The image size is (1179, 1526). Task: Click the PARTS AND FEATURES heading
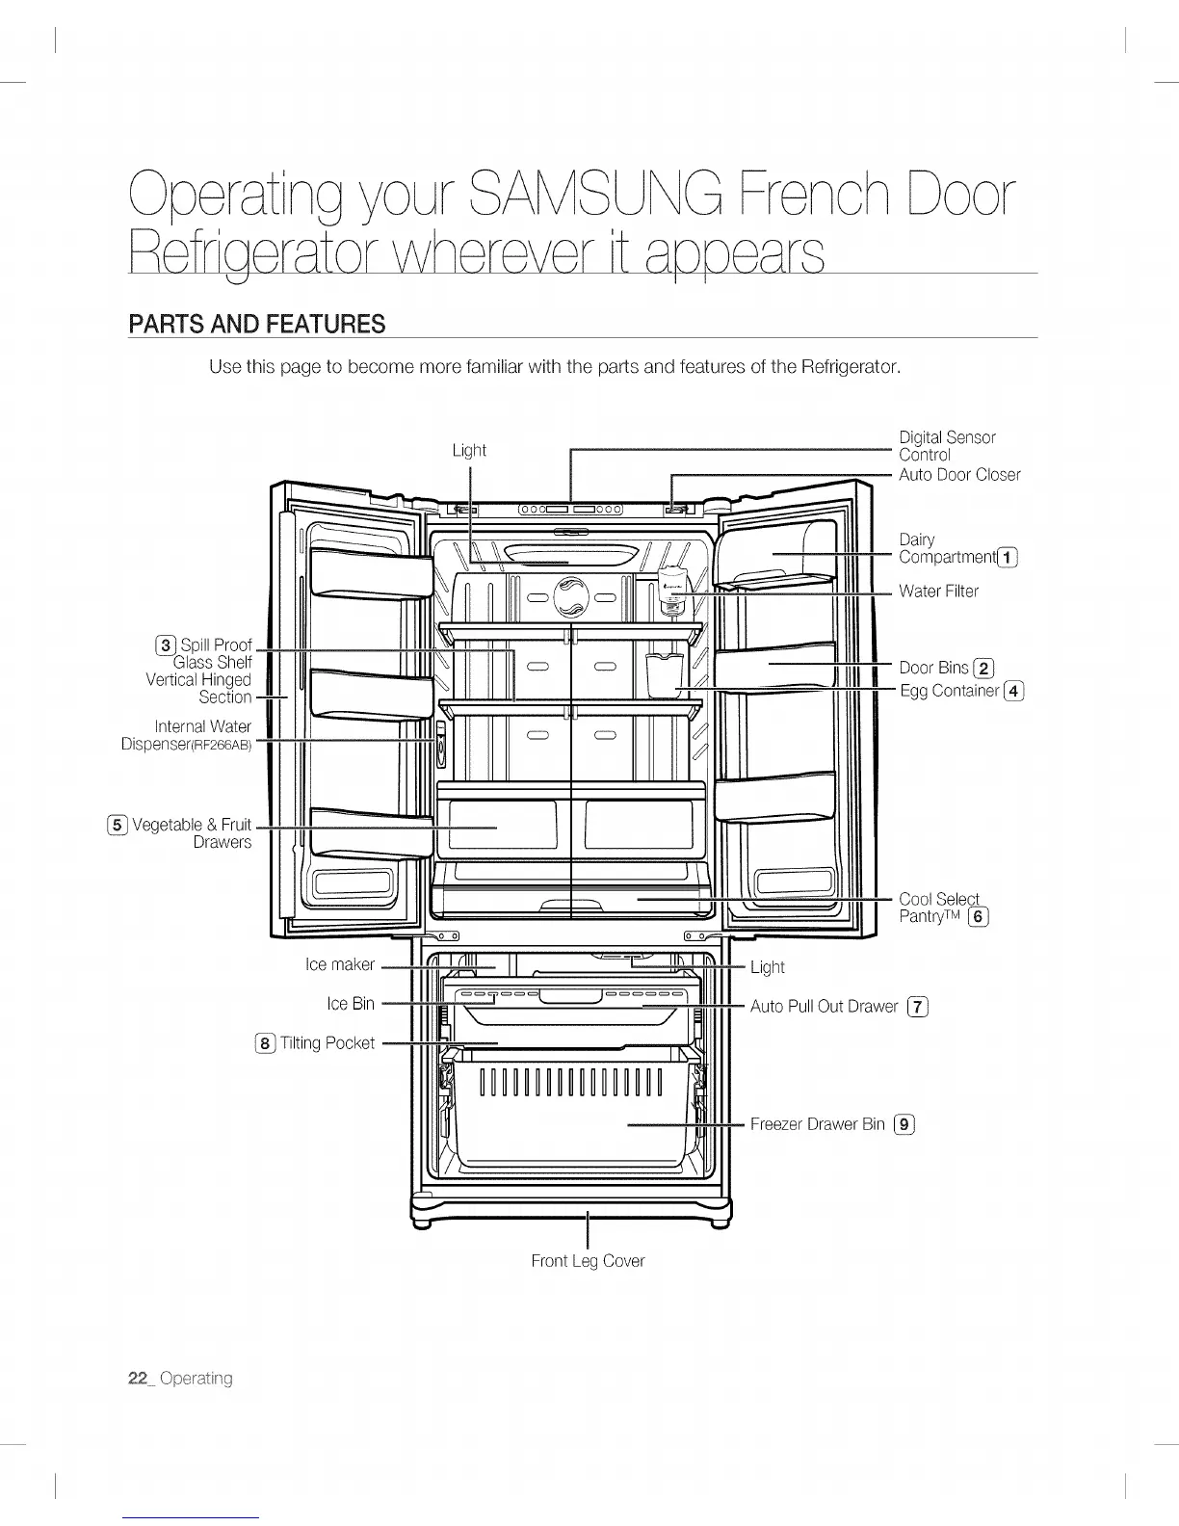click(x=256, y=324)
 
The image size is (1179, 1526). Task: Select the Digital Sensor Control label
click(x=946, y=446)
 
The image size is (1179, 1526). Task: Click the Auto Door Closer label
click(x=958, y=474)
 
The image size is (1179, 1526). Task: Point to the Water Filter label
click(x=938, y=591)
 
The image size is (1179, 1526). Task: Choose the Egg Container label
click(x=950, y=690)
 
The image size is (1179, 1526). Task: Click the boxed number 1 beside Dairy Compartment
click(x=1008, y=557)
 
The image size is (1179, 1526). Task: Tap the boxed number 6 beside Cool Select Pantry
click(x=978, y=916)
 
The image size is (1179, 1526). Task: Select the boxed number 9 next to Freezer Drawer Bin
click(x=904, y=1123)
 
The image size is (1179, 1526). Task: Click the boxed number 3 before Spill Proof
click(x=166, y=645)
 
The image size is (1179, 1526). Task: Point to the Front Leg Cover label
click(x=588, y=1260)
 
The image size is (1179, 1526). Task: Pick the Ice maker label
click(x=339, y=964)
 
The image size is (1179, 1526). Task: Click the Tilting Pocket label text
click(x=327, y=1042)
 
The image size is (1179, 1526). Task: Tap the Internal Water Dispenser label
click(x=188, y=734)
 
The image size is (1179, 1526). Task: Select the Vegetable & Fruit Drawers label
click(x=191, y=832)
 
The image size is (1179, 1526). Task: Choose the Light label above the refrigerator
click(x=469, y=450)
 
